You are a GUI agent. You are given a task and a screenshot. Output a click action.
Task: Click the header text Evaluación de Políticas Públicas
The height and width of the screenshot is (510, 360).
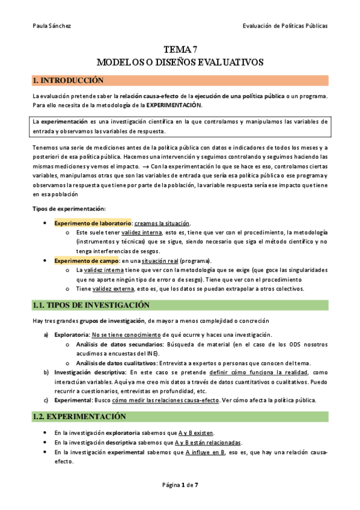point(285,26)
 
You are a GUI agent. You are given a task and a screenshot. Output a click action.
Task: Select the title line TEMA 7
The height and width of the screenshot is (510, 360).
point(180,51)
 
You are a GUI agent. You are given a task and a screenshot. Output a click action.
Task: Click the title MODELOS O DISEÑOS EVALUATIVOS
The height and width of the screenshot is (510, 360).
point(180,63)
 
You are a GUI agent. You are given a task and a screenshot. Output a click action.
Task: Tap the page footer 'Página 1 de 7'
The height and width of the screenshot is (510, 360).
point(180,485)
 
